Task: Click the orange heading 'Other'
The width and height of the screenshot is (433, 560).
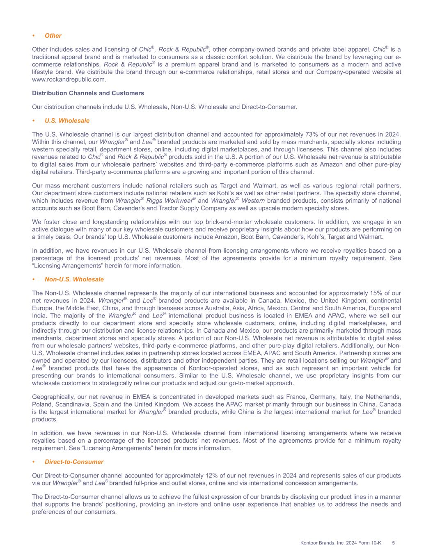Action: point(53,36)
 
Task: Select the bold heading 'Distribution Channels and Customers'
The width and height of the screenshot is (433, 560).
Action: point(88,93)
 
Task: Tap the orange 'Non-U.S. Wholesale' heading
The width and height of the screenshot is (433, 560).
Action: point(74,279)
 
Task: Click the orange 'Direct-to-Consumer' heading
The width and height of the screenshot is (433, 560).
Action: point(74,462)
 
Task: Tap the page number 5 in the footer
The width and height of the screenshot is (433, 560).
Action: point(393,543)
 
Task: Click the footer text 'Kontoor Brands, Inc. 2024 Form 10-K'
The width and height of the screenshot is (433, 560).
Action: point(341,543)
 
